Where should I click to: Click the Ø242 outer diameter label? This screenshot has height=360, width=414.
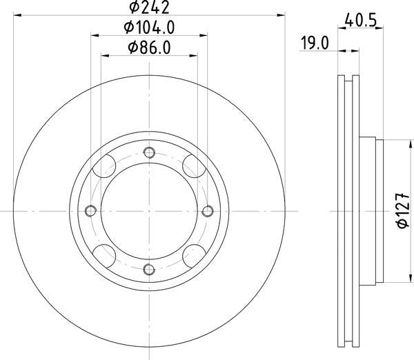pyautogui.click(x=149, y=7)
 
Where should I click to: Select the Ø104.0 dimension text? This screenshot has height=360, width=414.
pyautogui.click(x=149, y=27)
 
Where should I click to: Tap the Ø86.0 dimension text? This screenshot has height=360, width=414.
pyautogui.click(x=149, y=48)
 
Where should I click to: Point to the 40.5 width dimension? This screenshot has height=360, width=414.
pyautogui.click(x=360, y=20)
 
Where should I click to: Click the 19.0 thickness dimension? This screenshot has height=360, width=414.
pyautogui.click(x=315, y=43)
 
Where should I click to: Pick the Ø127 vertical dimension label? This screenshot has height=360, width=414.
pyautogui.click(x=403, y=210)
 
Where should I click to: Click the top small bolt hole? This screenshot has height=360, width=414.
pyautogui.click(x=149, y=152)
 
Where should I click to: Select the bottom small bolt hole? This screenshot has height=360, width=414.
pyautogui.click(x=149, y=269)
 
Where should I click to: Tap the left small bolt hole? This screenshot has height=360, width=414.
pyautogui.click(x=91, y=210)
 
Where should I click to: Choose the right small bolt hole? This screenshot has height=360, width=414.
pyautogui.click(x=208, y=210)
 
